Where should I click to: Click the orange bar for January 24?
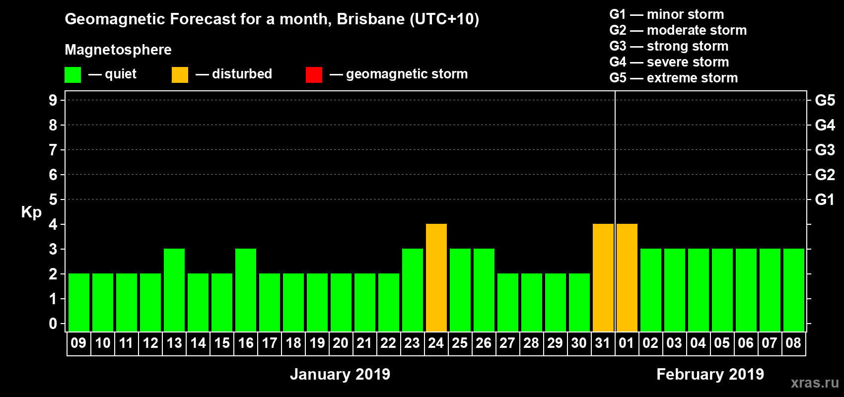pyautogui.click(x=436, y=278)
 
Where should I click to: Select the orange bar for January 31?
pyautogui.click(x=603, y=278)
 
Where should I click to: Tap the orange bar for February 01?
pyautogui.click(x=627, y=278)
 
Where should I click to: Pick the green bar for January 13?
pyautogui.click(x=174, y=290)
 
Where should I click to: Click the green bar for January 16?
pyautogui.click(x=246, y=290)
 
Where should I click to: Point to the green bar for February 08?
pyautogui.click(x=794, y=290)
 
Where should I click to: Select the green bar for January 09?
pyautogui.click(x=79, y=303)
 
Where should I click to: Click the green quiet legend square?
pyautogui.click(x=73, y=75)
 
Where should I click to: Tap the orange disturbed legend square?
pyautogui.click(x=180, y=75)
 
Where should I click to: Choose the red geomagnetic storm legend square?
pyautogui.click(x=314, y=75)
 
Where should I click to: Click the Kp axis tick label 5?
pyautogui.click(x=53, y=199)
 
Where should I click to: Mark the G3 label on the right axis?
pyautogui.click(x=825, y=150)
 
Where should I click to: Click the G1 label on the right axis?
pyautogui.click(x=825, y=199)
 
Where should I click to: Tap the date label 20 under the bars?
pyautogui.click(x=341, y=343)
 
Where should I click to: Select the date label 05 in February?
pyautogui.click(x=722, y=343)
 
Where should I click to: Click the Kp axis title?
pyautogui.click(x=31, y=212)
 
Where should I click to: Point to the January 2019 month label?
pyautogui.click(x=340, y=374)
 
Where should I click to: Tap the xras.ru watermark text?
pyautogui.click(x=815, y=383)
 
